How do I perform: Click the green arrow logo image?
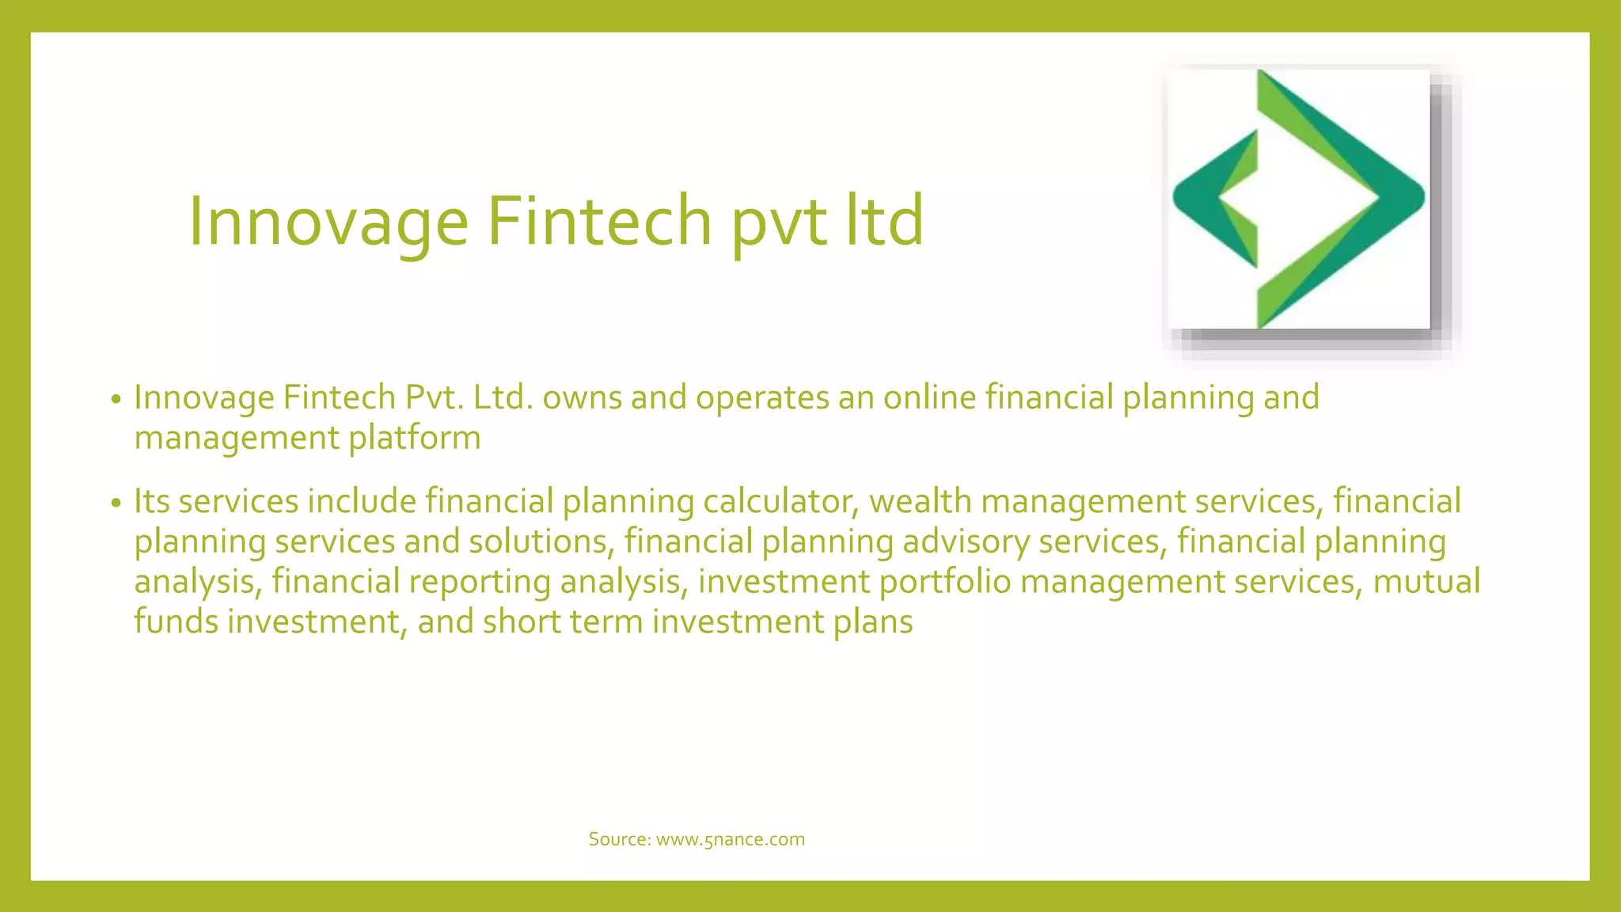[1300, 199]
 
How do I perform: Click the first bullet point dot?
[116, 400]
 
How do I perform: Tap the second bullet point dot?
[116, 503]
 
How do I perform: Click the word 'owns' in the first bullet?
[582, 397]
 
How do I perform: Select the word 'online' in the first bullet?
[929, 397]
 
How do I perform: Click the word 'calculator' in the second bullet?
[780, 501]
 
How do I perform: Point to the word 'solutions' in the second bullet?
[541, 541]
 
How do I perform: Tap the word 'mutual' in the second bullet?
[1426, 582]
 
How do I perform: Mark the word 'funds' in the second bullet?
[176, 621]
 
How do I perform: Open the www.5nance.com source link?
[730, 839]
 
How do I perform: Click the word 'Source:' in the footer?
[619, 839]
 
